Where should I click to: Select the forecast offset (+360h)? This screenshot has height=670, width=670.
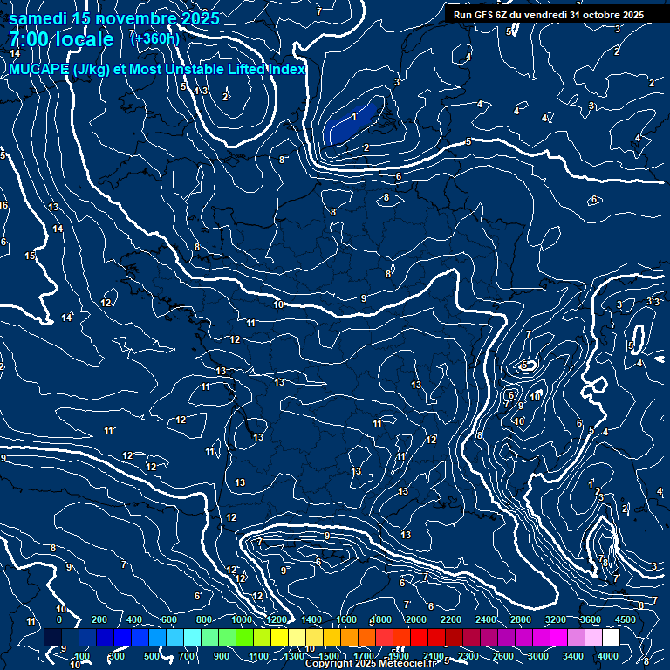click(x=154, y=38)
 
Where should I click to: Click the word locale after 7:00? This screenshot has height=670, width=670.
click(x=85, y=39)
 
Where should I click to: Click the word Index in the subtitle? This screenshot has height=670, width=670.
click(x=284, y=69)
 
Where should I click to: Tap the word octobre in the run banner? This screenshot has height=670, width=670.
click(x=597, y=15)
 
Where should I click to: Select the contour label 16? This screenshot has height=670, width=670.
click(x=3, y=206)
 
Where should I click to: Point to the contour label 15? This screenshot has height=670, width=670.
click(x=30, y=256)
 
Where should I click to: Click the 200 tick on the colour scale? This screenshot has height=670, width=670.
click(x=99, y=619)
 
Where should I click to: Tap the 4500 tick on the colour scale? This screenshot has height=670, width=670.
click(x=625, y=619)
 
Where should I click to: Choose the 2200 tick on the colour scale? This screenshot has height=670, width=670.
click(x=451, y=619)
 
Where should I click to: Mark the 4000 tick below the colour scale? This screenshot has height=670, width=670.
click(x=608, y=656)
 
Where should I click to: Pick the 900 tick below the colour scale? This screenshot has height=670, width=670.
click(x=222, y=656)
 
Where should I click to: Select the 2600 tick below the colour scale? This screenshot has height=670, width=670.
click(x=502, y=656)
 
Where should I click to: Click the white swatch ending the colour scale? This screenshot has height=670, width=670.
click(x=611, y=638)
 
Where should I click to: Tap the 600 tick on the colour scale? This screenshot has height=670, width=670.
click(x=169, y=619)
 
